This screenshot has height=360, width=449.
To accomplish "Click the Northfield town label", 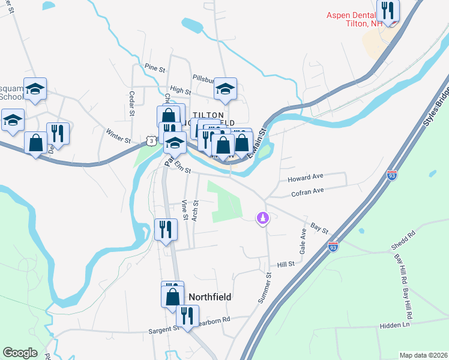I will tap(210, 297).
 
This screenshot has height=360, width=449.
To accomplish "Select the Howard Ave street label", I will tap(306, 178).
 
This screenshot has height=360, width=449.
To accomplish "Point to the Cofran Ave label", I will tap(307, 191).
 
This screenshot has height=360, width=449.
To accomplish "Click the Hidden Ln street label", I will tap(394, 325).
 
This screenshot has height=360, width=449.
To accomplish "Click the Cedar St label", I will tap(131, 103).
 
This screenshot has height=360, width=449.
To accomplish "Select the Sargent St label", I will tap(164, 329).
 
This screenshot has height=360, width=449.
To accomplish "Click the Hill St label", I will tap(286, 264).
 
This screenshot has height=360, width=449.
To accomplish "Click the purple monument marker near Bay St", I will tap(262, 218).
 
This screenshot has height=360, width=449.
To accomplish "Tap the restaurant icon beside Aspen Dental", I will tap(388, 10).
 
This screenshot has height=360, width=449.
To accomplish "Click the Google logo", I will tap(20, 353).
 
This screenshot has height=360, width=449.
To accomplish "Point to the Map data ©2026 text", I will tap(423, 355).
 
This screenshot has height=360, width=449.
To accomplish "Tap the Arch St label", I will tap(196, 211).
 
